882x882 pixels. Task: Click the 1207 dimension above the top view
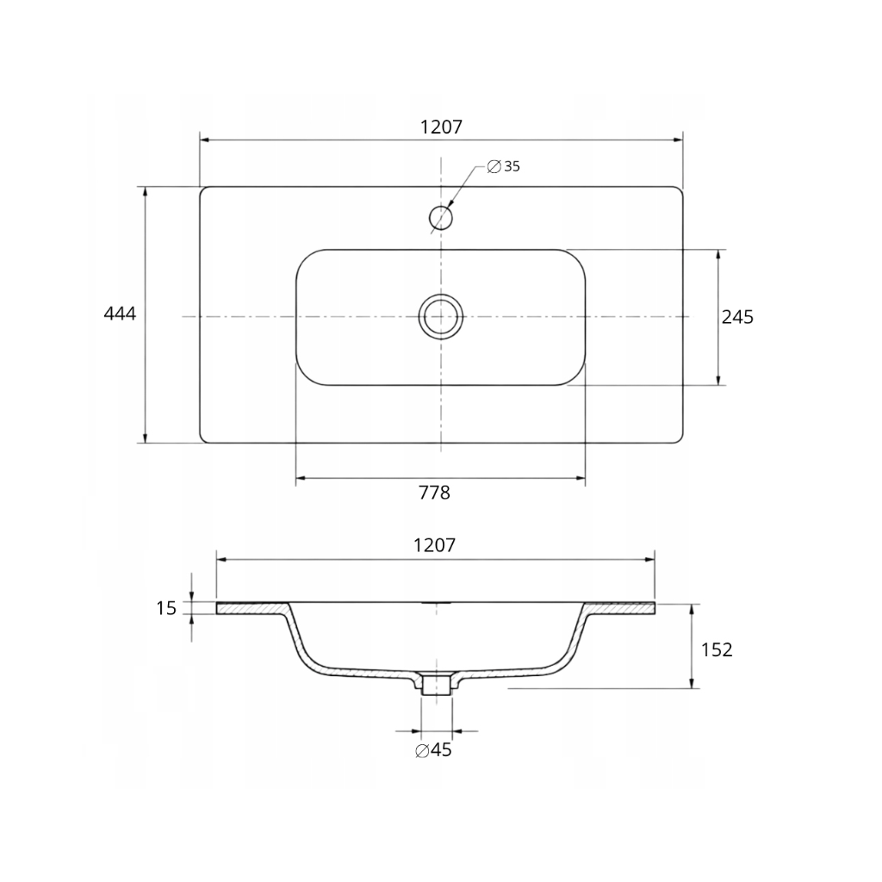[x=442, y=127]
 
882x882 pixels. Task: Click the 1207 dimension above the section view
[x=434, y=545]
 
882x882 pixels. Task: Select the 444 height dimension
[x=120, y=314]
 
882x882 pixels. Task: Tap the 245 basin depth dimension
[x=737, y=317]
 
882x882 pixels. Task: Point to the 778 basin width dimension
[x=434, y=493]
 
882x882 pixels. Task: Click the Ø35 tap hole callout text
[x=503, y=166]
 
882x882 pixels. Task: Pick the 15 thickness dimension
[x=166, y=608]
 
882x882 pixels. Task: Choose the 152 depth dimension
[x=717, y=650]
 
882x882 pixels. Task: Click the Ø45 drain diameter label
[x=433, y=750]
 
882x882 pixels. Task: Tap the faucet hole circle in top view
[x=441, y=207]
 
